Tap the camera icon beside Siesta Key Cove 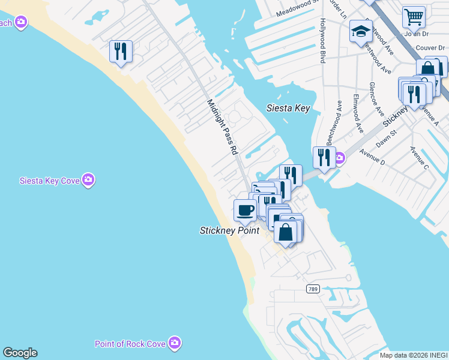click(x=89, y=180)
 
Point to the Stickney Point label click(x=229, y=230)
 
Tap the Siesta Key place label click(x=288, y=108)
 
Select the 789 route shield click(x=312, y=289)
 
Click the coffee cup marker click(x=245, y=210)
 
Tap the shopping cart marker click(x=414, y=17)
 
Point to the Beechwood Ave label click(x=334, y=123)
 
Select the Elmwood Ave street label click(x=358, y=113)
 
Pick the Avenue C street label click(x=419, y=157)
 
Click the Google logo click(x=20, y=353)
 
